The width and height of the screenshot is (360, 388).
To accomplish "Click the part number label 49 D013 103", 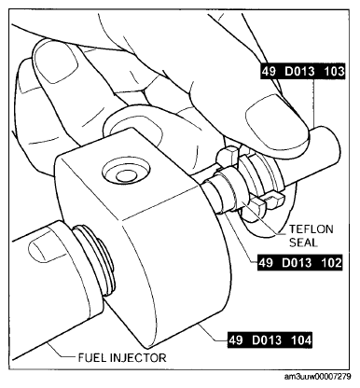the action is click(x=302, y=72).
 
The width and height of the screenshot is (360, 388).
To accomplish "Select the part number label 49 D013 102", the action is click(x=299, y=263).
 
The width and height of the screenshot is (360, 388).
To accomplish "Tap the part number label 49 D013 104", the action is click(x=270, y=340).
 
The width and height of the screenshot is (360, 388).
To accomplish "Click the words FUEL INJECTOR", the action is click(x=122, y=358).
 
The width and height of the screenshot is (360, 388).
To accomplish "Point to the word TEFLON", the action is click(x=312, y=229).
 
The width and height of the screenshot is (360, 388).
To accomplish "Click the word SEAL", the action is click(x=303, y=242).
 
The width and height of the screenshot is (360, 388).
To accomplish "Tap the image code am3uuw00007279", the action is click(x=317, y=377).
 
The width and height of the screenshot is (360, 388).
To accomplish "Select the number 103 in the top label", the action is click(x=334, y=72).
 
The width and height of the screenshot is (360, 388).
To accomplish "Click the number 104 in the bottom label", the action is click(x=301, y=340).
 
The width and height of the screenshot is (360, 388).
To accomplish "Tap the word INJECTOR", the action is click(x=138, y=358).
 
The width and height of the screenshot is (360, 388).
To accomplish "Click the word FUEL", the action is click(x=91, y=358).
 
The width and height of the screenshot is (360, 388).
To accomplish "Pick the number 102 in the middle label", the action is click(x=331, y=263).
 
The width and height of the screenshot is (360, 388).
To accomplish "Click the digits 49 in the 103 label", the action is click(x=269, y=72).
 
